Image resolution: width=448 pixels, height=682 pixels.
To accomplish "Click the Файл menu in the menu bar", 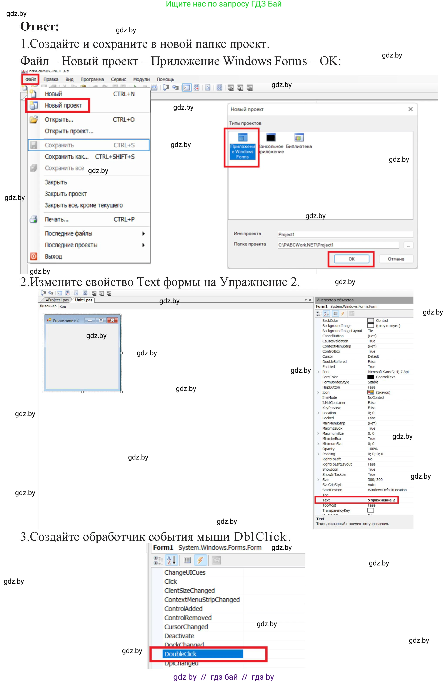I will click(x=30, y=79).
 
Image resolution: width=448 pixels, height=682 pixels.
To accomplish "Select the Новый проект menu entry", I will click(x=63, y=105).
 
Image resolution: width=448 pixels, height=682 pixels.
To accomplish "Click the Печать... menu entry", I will click(x=57, y=219).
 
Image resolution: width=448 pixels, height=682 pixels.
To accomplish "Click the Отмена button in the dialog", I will click(x=396, y=259).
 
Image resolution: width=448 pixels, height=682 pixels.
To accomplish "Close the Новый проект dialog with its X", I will click(x=410, y=109).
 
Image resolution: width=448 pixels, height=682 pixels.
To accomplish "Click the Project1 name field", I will click(x=344, y=234).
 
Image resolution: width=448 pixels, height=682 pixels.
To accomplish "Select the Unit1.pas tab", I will click(x=83, y=300).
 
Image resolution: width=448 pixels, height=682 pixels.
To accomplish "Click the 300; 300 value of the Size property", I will click(x=375, y=480).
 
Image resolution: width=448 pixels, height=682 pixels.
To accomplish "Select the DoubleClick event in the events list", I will click(x=180, y=654).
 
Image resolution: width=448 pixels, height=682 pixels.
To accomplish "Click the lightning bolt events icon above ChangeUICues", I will click(x=200, y=560).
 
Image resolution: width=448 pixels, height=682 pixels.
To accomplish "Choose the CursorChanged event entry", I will click(x=186, y=627).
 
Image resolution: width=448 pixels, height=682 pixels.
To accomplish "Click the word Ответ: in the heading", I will click(x=40, y=27).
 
